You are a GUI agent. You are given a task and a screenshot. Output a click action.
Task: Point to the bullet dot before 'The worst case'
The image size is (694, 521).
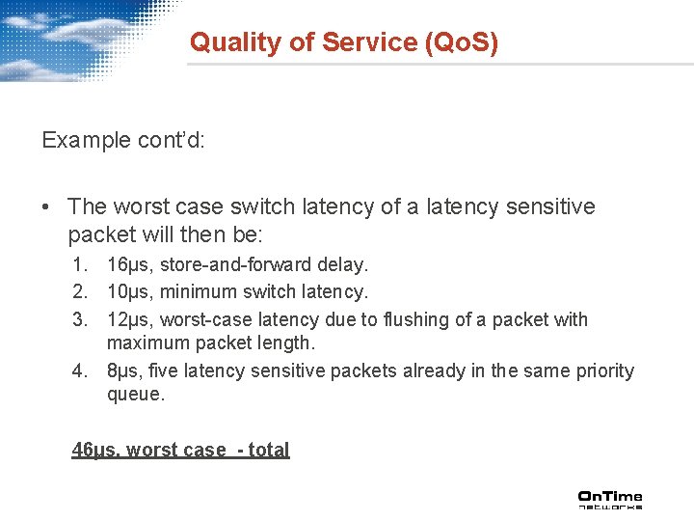pyautogui.click(x=47, y=206)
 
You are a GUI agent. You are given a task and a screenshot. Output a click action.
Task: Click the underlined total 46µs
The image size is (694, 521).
pyautogui.click(x=93, y=450)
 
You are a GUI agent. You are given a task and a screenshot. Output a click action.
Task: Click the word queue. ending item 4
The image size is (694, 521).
pyautogui.click(x=136, y=395)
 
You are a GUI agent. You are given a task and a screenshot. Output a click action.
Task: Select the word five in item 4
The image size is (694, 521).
pyautogui.click(x=179, y=371)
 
